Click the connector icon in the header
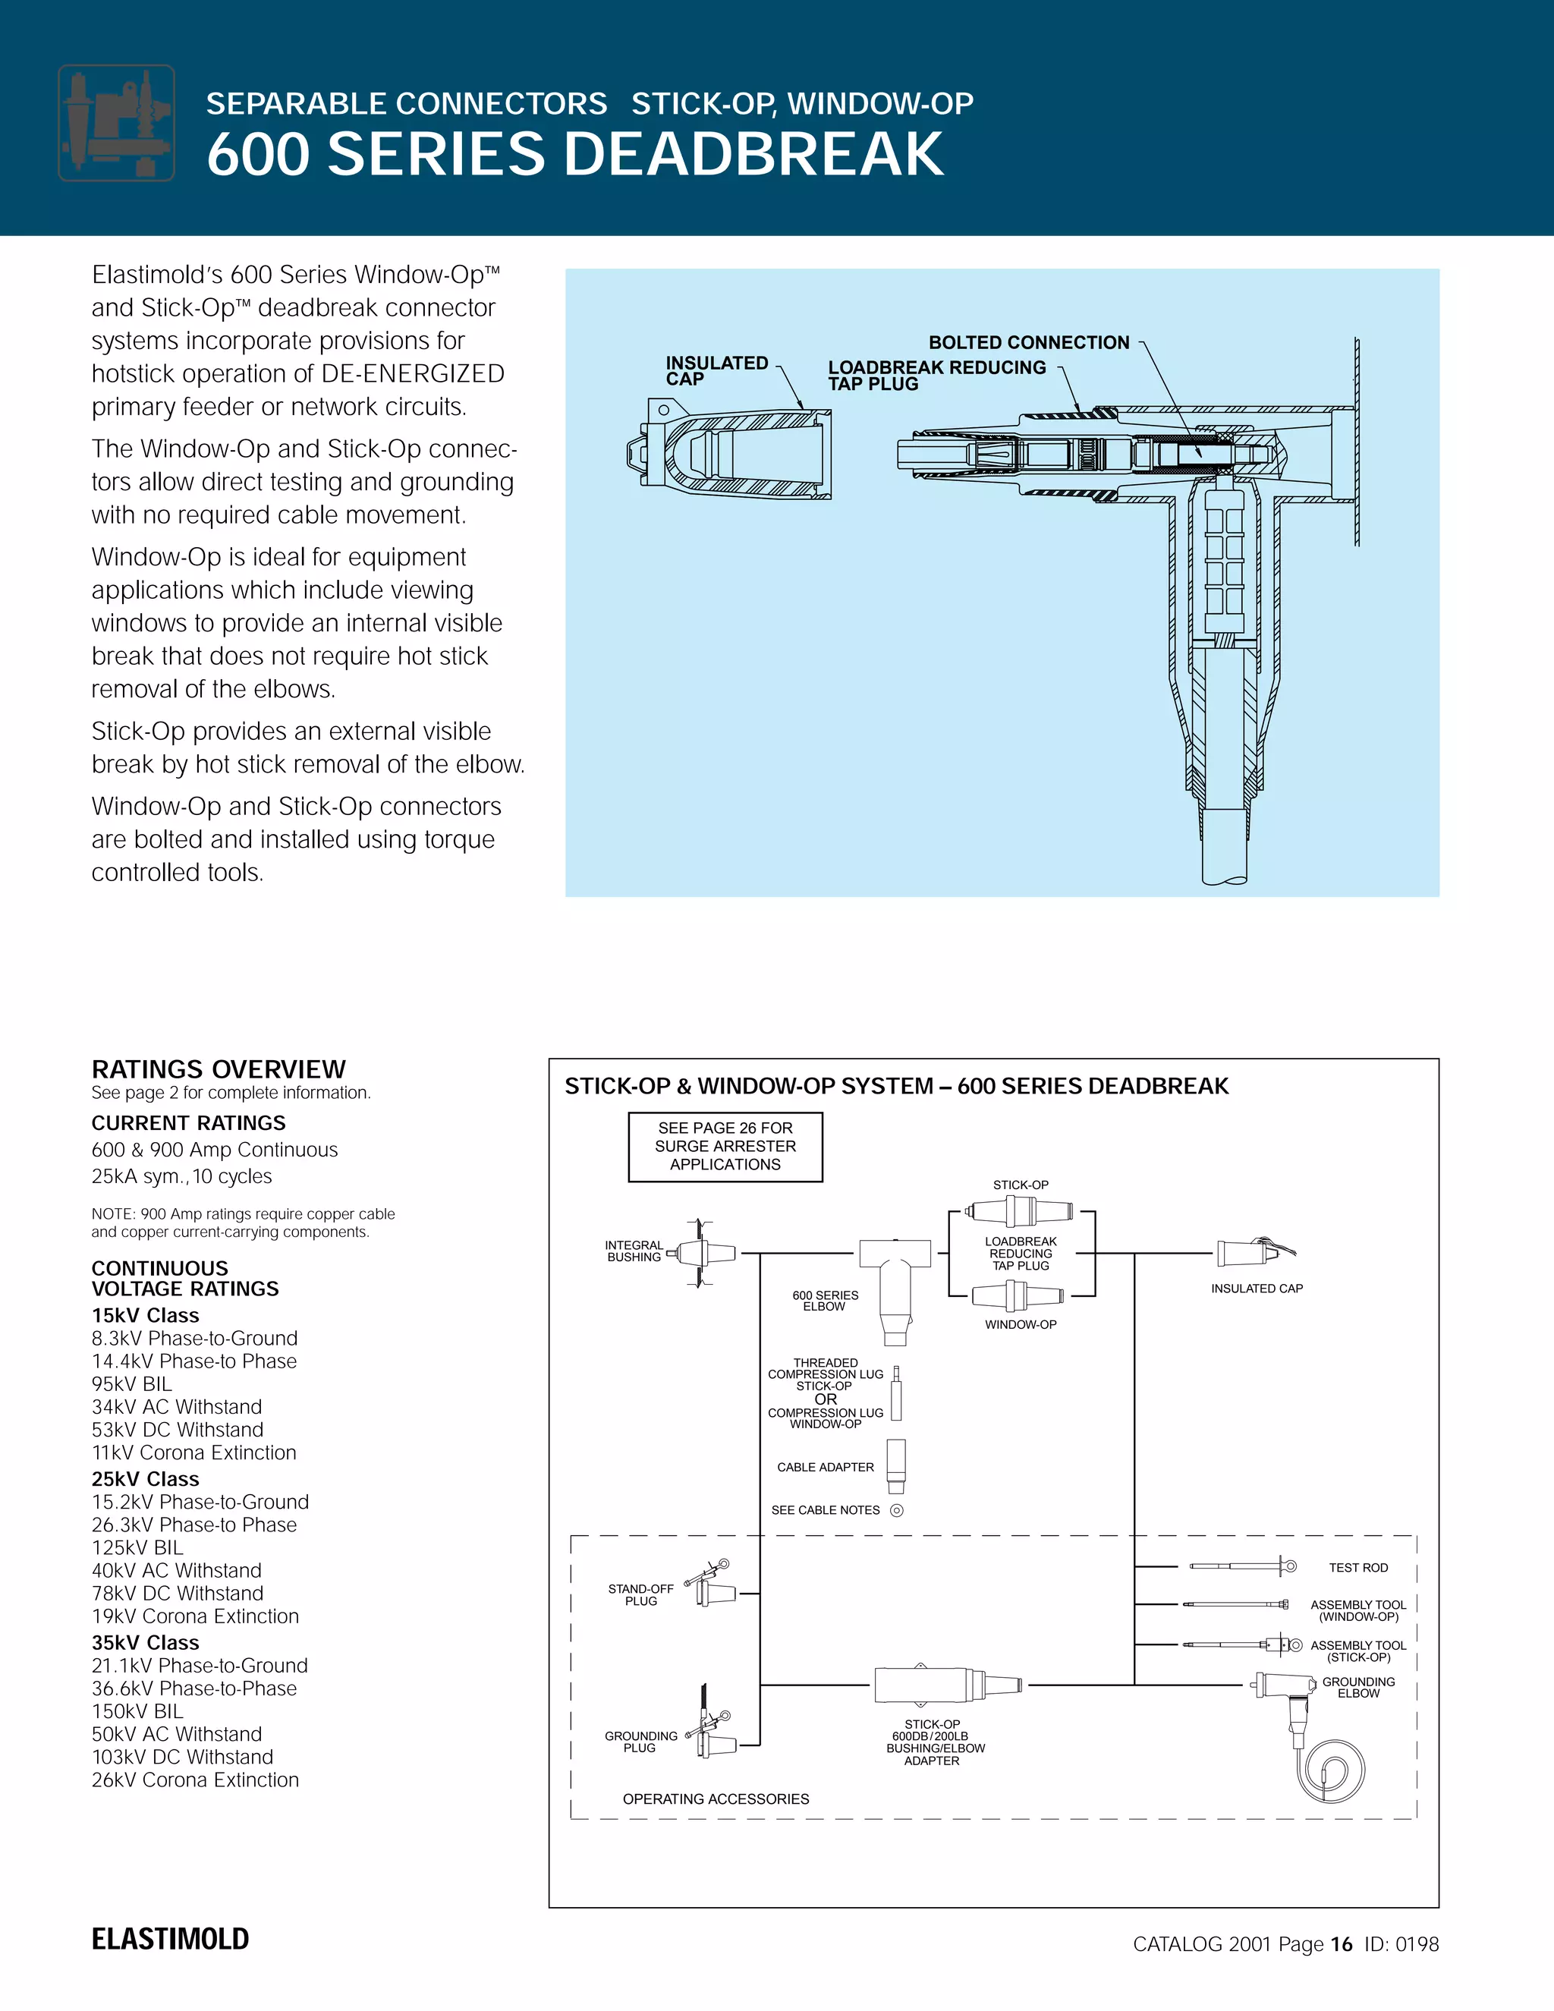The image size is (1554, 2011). [x=117, y=122]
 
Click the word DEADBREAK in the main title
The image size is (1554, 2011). [x=753, y=154]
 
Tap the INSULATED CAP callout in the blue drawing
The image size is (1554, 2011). [x=716, y=370]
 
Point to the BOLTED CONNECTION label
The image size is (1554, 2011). [x=1028, y=342]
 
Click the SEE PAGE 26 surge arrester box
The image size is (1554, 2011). [x=725, y=1147]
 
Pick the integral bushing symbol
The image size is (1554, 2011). [x=703, y=1253]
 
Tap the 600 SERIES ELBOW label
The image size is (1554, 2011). [x=825, y=1300]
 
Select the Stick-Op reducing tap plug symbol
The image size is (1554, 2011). [x=1020, y=1212]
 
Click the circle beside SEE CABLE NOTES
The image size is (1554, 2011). [x=897, y=1510]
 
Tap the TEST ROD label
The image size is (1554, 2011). [x=1358, y=1567]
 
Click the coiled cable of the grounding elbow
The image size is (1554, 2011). [x=1333, y=1770]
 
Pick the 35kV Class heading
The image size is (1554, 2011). [x=146, y=1643]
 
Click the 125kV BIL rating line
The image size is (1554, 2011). [x=137, y=1548]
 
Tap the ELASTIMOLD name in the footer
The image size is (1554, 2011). [x=170, y=1939]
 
